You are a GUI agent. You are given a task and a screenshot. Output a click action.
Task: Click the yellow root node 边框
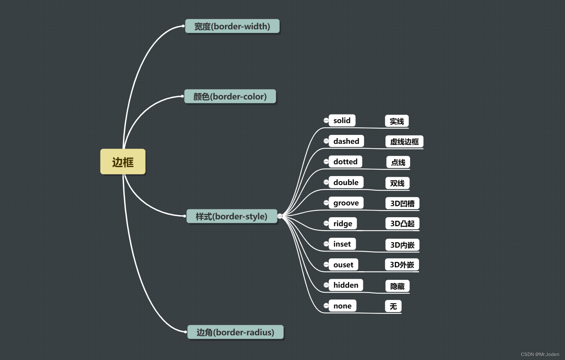(123, 162)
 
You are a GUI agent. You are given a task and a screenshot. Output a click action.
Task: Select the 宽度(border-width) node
(232, 26)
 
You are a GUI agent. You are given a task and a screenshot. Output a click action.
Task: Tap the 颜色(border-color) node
(230, 96)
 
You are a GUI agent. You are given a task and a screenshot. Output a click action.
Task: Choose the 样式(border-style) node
(231, 216)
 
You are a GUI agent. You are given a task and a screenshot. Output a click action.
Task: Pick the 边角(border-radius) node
(235, 332)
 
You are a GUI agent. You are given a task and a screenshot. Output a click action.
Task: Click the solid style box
(342, 121)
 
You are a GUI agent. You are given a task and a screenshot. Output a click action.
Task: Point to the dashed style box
(346, 141)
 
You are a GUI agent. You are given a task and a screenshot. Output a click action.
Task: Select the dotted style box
(345, 161)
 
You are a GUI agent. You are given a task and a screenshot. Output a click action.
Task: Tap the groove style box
(346, 203)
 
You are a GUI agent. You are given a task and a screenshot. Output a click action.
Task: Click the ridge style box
(343, 223)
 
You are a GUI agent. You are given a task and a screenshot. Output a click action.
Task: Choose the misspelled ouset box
(343, 264)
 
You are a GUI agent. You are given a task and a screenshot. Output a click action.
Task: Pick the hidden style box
(346, 285)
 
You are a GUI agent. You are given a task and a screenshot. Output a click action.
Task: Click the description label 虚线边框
(404, 142)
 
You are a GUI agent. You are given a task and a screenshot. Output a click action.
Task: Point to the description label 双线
(397, 183)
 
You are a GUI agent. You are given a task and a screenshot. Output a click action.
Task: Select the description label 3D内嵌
(402, 245)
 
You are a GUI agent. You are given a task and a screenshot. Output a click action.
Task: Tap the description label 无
(393, 306)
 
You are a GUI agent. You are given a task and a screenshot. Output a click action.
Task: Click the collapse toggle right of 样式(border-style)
(280, 216)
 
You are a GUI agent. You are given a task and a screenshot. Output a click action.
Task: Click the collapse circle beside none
(326, 306)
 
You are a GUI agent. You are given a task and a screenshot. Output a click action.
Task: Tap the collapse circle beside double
(326, 182)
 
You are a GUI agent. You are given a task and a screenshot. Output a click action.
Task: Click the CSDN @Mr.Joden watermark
(540, 354)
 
